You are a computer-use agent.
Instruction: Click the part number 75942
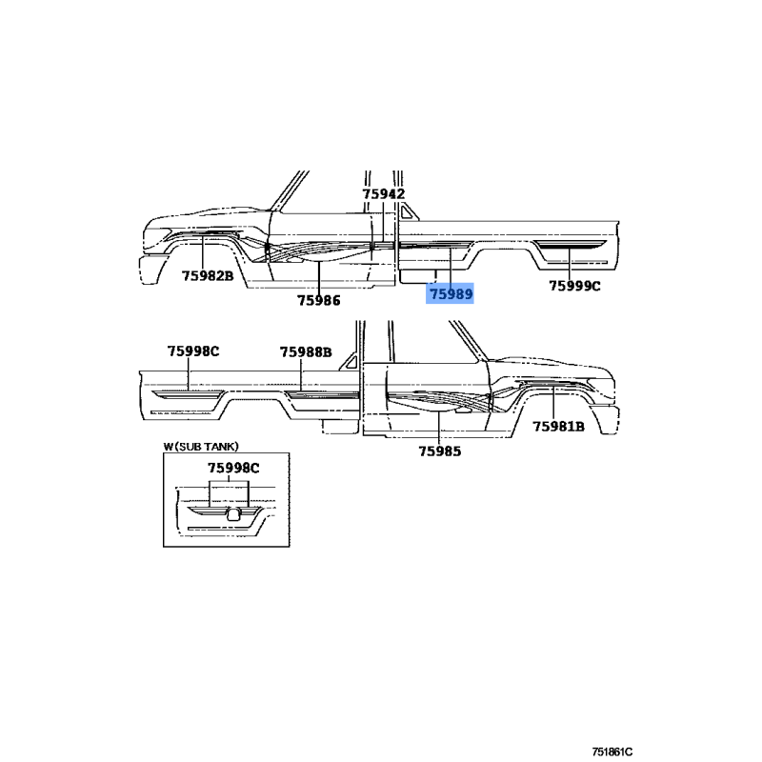coord(384,194)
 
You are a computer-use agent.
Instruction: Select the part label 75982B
coord(208,276)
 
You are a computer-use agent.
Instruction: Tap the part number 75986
coord(319,300)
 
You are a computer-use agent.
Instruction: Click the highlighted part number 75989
coord(451,294)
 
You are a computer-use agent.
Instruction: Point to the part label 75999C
coord(574,286)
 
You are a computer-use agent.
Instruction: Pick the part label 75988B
coord(306,351)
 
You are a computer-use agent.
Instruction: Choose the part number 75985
coord(440,451)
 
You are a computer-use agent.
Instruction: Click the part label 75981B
coord(558,427)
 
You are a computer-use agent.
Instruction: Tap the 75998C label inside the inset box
coord(233,468)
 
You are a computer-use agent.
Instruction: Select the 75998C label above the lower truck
coord(193,351)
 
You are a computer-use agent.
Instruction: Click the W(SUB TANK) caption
coord(201,446)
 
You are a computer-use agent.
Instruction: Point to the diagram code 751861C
coord(612,752)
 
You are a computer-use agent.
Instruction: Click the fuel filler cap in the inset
coord(233,513)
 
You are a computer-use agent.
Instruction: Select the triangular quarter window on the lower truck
coord(351,363)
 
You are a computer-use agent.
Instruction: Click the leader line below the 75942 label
coord(383,221)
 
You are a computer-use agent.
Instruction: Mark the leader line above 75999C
coord(569,262)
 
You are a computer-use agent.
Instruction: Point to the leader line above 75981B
coord(553,402)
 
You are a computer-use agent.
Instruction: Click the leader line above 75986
coord(319,277)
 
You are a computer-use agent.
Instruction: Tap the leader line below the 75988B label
coord(301,374)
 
